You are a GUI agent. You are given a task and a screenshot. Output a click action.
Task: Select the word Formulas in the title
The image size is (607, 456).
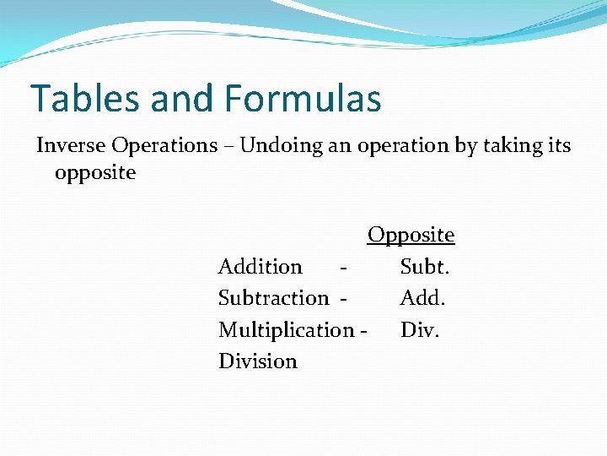303,99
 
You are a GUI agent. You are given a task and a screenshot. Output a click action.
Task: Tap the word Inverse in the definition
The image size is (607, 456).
71,145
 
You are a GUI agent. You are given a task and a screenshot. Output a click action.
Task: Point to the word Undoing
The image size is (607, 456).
278,145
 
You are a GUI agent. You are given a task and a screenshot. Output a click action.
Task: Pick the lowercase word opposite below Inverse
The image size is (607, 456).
94,173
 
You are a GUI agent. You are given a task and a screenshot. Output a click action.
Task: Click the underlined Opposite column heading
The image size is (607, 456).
411,235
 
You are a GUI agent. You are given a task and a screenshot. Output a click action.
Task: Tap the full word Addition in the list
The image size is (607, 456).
260,267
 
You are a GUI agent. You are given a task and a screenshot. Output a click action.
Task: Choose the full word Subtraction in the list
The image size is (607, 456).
273,298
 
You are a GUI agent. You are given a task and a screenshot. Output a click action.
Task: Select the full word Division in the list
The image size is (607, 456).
258,361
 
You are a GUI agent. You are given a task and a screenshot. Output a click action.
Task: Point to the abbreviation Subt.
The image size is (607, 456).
425,267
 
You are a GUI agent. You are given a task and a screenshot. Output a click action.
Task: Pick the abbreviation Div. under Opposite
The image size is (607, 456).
420,329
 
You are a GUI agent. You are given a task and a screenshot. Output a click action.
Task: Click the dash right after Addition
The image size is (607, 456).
341,268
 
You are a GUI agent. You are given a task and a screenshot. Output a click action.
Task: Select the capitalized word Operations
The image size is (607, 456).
164,146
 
